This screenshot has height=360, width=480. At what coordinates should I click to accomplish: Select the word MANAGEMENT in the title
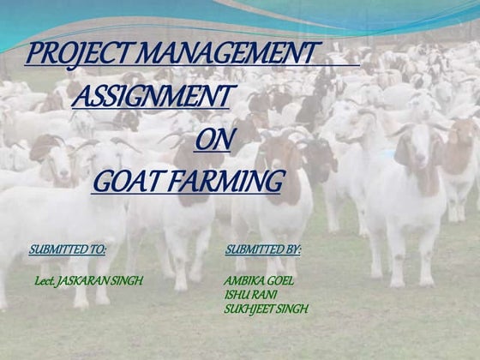point(227,53)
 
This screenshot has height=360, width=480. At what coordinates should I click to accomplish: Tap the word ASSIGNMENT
point(151,97)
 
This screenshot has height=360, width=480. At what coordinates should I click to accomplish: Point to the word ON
point(208,138)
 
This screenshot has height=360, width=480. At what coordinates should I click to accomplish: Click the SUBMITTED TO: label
point(68,249)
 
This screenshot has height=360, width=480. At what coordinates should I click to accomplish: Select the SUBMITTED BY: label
point(263,249)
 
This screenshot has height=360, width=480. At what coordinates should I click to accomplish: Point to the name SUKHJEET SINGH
point(265,308)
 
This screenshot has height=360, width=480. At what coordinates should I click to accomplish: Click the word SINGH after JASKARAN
point(127,280)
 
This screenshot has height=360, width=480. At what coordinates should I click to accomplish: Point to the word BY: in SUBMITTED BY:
point(292,249)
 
